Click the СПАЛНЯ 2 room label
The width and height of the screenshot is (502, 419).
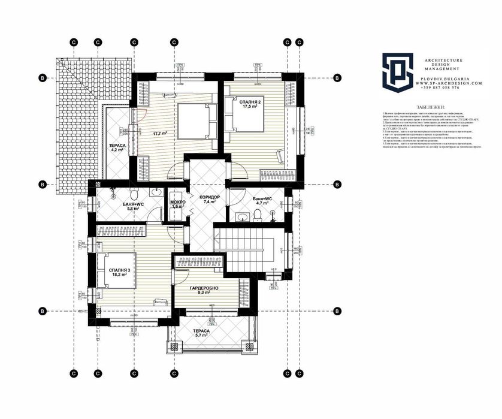pyautogui.click(x=250, y=103)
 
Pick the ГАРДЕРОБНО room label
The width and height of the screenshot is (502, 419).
pyautogui.click(x=204, y=289)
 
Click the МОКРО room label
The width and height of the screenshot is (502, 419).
pyautogui.click(x=178, y=203)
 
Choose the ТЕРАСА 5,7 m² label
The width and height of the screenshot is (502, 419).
pyautogui.click(x=201, y=333)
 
